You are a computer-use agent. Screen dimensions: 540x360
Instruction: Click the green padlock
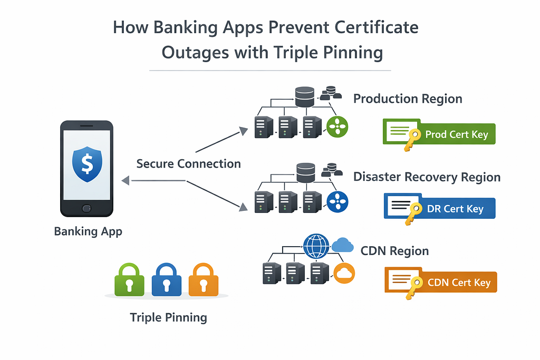129,280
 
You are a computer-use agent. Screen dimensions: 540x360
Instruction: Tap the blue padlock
166,280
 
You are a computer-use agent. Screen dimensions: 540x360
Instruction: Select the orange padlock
204,280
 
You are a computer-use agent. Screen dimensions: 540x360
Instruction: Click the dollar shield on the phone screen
87,164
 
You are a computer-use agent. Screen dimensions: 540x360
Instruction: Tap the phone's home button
86,208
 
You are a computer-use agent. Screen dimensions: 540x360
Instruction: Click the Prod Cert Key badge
439,134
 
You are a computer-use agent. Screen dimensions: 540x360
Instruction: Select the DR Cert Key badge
440,209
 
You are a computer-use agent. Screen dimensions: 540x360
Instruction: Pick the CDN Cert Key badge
441,283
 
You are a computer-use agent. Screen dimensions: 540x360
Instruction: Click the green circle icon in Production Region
337,127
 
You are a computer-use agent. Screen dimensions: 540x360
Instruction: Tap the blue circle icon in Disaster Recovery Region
337,202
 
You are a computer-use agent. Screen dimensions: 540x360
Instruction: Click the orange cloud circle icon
344,273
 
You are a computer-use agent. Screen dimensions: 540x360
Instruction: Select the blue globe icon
316,246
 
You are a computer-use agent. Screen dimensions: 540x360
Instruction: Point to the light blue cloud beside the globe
343,245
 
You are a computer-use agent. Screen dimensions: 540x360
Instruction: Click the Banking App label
88,231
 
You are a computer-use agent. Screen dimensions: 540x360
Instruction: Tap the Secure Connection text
188,164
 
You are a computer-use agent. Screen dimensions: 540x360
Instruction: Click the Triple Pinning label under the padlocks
168,318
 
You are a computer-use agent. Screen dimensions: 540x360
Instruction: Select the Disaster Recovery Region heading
427,177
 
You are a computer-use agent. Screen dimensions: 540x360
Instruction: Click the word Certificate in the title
377,27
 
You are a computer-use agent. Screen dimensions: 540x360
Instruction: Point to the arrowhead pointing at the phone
126,180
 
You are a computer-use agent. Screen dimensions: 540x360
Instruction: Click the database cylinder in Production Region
305,96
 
